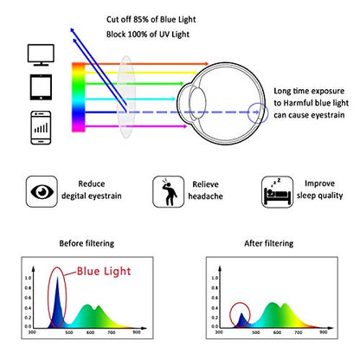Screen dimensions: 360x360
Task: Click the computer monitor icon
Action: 41,55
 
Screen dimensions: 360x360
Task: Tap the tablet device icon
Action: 41,87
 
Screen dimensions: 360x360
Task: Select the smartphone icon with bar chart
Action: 41,127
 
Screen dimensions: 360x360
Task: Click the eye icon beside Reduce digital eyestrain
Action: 42,191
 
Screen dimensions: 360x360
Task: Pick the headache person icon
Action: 169,191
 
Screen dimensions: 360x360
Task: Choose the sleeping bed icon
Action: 277,192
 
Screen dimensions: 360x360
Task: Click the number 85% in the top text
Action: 141,20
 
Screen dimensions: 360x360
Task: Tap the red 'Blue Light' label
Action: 104,271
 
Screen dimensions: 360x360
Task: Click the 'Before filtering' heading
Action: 87,243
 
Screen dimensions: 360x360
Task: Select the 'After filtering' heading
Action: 269,243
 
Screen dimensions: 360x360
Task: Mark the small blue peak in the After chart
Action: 241,321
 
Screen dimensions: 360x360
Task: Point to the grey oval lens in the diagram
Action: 126,97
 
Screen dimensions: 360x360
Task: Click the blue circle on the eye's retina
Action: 258,112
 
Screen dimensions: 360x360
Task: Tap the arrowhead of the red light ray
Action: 206,63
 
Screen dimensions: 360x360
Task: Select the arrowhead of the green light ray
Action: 182,84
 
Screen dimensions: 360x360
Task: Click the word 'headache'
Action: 205,196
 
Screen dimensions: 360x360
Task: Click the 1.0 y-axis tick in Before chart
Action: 28,278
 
